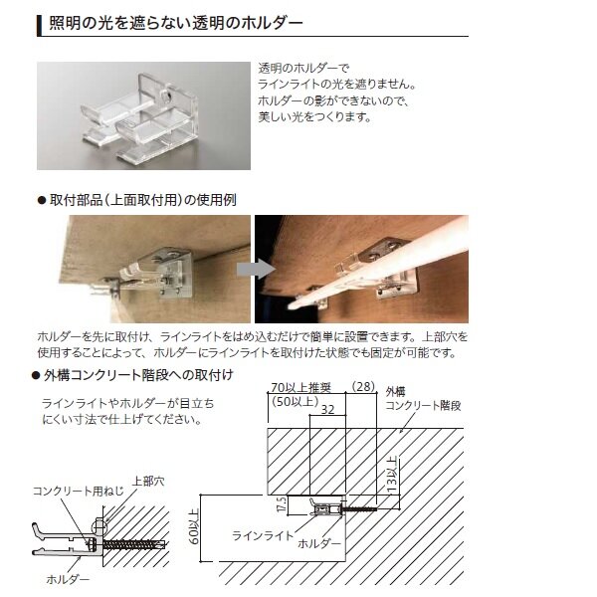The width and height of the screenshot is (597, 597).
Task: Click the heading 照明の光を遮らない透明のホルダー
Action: tap(175, 24)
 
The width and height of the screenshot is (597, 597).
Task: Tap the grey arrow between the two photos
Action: tap(256, 270)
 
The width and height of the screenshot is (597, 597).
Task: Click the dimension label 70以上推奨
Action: tap(300, 388)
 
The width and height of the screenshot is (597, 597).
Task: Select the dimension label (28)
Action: tap(363, 387)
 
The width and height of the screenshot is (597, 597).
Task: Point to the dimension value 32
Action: tap(327, 410)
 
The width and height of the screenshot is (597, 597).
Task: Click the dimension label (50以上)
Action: tap(296, 401)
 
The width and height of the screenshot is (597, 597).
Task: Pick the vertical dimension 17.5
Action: tap(282, 504)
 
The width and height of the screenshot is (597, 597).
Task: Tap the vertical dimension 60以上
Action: tap(194, 527)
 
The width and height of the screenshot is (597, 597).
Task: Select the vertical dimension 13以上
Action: tap(392, 475)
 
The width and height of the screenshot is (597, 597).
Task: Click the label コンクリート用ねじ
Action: tap(79, 492)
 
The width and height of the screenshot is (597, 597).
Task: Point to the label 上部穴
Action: tap(148, 482)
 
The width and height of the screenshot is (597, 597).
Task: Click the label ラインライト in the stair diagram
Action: tap(263, 535)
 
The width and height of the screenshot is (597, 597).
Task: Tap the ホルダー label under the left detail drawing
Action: tap(68, 579)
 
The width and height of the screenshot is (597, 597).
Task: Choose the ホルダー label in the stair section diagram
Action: tap(319, 543)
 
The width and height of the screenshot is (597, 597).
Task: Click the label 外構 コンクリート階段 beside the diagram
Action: tap(423, 399)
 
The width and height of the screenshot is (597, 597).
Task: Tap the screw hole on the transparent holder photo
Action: tap(167, 96)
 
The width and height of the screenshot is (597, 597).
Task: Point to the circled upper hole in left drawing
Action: tap(99, 527)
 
